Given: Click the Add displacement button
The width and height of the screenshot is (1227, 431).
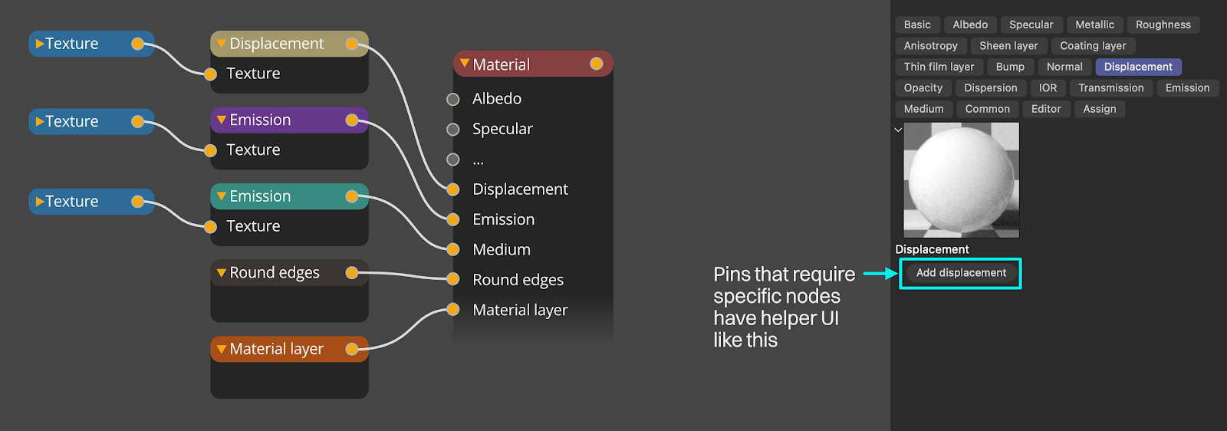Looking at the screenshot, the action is [961, 273].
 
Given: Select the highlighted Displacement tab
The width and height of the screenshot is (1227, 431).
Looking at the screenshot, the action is [1138, 67].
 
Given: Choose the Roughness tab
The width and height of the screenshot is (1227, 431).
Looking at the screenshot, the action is [1163, 25].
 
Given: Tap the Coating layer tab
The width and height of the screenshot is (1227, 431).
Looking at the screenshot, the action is [1093, 45].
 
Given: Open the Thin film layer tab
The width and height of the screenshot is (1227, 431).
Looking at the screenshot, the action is [939, 67].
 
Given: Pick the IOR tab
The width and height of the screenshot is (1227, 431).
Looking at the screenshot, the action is [1048, 87].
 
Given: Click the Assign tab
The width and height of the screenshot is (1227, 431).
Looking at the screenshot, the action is [1100, 109].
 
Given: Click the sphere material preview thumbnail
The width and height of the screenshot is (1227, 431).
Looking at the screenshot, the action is [962, 180].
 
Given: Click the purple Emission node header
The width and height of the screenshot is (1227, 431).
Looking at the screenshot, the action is [289, 120].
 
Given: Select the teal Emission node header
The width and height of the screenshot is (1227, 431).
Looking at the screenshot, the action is [289, 196].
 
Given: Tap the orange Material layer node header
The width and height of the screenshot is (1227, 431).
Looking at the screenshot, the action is [289, 349].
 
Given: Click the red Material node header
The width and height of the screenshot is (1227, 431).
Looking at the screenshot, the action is [533, 64].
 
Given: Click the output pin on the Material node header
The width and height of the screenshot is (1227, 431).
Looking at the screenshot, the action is [597, 64].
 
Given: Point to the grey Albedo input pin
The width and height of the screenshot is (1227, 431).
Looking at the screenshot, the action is [453, 99].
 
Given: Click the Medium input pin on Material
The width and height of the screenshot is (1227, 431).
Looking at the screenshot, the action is [453, 250].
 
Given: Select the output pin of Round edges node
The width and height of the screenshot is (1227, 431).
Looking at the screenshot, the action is [352, 273].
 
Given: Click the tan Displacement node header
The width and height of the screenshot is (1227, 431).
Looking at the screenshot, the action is [289, 44].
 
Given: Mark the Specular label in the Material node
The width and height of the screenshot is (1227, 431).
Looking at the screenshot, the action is [502, 129].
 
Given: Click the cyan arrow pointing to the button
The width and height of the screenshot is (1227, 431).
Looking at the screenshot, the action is [881, 273].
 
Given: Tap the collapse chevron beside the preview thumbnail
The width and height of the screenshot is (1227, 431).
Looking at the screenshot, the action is [898, 130].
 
